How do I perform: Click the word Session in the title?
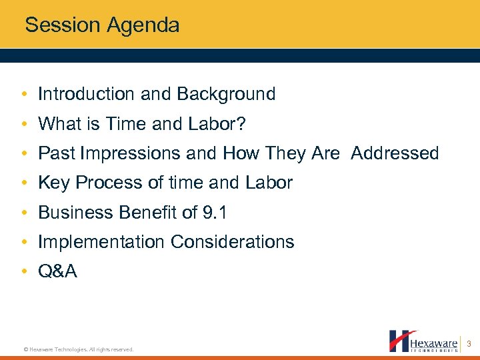[61, 25]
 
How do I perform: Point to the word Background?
[227, 94]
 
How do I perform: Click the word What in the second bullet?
[59, 123]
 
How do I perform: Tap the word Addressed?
[395, 153]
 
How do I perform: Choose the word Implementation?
[102, 241]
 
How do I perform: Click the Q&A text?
[57, 271]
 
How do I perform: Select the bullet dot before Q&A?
[24, 271]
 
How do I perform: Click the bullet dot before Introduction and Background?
[24, 95]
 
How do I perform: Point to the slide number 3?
[469, 344]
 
